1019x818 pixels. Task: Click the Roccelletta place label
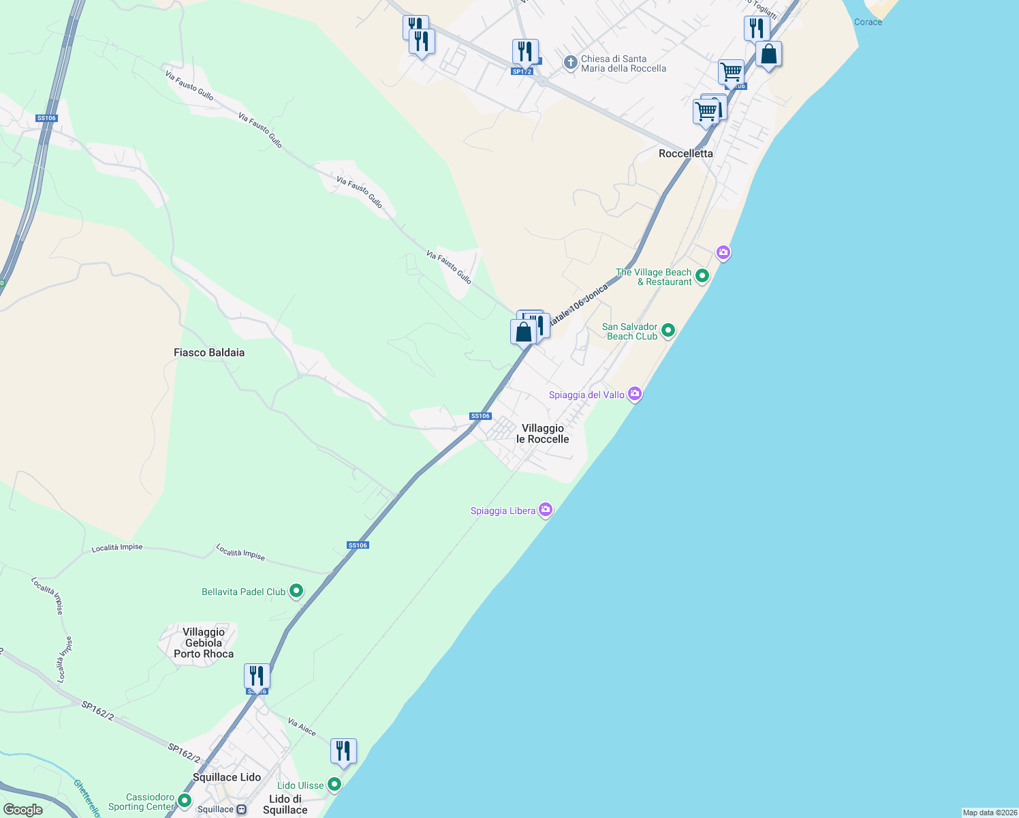pyautogui.click(x=685, y=153)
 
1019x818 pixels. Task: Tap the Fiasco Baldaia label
pyautogui.click(x=208, y=352)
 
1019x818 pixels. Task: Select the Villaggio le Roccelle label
pyautogui.click(x=542, y=434)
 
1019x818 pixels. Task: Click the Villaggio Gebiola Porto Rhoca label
pyautogui.click(x=203, y=643)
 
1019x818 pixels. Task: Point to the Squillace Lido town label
pyautogui.click(x=226, y=777)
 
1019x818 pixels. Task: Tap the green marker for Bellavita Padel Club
pyautogui.click(x=296, y=591)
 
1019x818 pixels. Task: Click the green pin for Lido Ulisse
pyautogui.click(x=334, y=785)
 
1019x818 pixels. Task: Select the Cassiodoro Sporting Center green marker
pyautogui.click(x=185, y=800)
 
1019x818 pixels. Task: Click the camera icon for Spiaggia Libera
pyautogui.click(x=545, y=510)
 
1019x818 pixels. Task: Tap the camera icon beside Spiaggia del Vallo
pyautogui.click(x=635, y=394)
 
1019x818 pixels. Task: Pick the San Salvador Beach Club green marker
pyautogui.click(x=668, y=331)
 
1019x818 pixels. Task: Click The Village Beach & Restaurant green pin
pyautogui.click(x=702, y=276)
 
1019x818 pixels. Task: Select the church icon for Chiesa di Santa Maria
pyautogui.click(x=570, y=63)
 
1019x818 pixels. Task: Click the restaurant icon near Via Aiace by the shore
pyautogui.click(x=343, y=751)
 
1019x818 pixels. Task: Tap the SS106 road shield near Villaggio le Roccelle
pyautogui.click(x=480, y=416)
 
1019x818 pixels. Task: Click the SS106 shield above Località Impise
pyautogui.click(x=358, y=545)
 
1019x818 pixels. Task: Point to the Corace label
pyautogui.click(x=868, y=22)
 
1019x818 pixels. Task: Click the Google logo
pyautogui.click(x=23, y=810)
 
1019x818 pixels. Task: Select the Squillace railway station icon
pyautogui.click(x=241, y=810)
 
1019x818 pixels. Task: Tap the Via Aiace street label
pyautogui.click(x=302, y=727)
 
